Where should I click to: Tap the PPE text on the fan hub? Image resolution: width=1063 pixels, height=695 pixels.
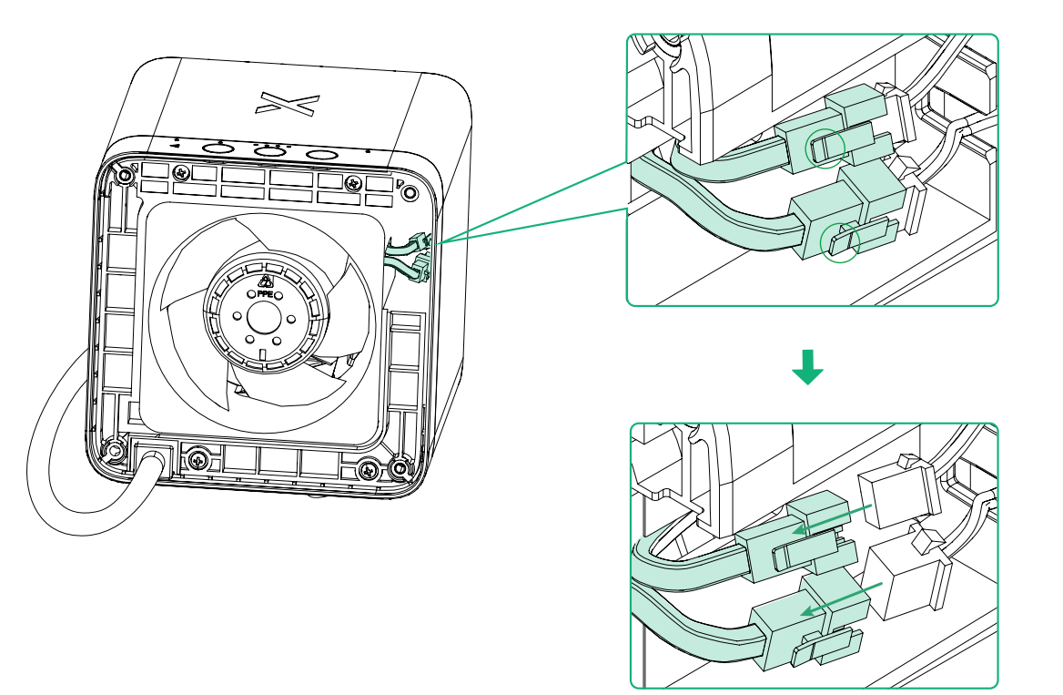pyautogui.click(x=266, y=295)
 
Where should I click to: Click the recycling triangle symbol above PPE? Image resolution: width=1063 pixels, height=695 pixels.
pyautogui.click(x=266, y=281)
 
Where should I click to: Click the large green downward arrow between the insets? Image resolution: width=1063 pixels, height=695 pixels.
pyautogui.click(x=806, y=364)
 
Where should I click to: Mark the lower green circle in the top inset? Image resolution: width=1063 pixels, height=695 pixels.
pyautogui.click(x=840, y=242)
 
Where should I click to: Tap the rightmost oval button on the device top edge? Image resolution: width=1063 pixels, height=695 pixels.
pyautogui.click(x=322, y=157)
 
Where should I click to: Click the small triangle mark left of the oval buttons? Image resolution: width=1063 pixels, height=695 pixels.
pyautogui.click(x=174, y=146)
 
